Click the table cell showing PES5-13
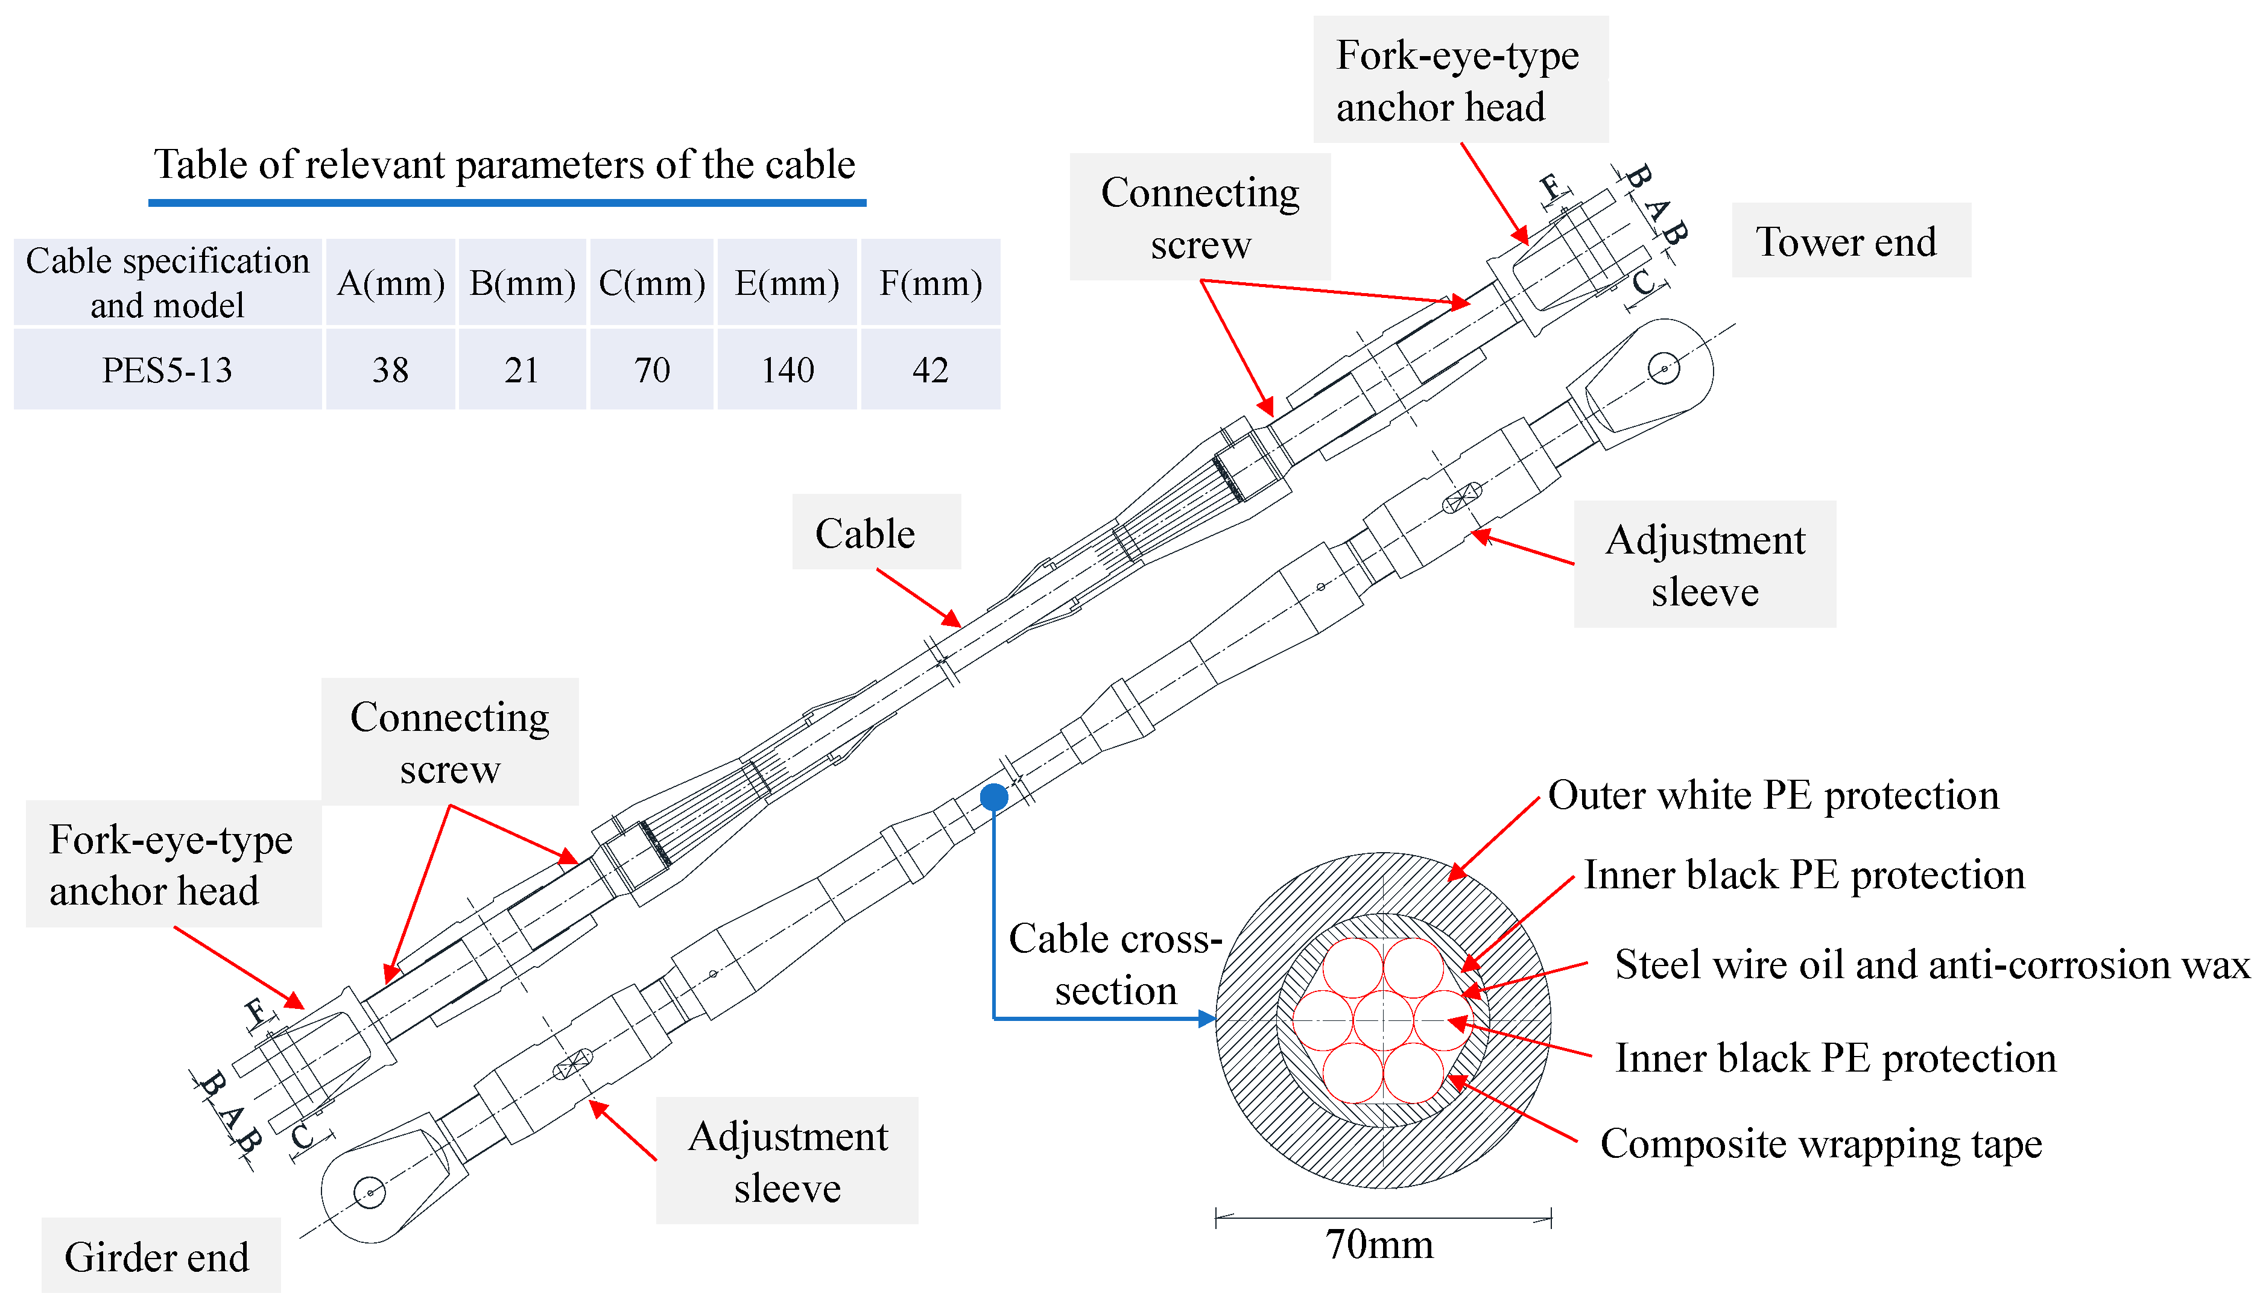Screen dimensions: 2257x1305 click(x=168, y=369)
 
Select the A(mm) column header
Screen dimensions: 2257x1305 click(x=390, y=282)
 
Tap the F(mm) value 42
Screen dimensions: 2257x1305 click(x=931, y=369)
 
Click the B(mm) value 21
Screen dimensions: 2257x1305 click(x=522, y=369)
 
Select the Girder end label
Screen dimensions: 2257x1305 click(x=157, y=1256)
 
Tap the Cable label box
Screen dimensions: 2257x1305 click(x=876, y=532)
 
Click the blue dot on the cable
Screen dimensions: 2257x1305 click(x=993, y=796)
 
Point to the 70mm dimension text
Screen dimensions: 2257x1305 click(x=1379, y=1244)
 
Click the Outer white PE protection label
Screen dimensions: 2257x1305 click(x=1773, y=795)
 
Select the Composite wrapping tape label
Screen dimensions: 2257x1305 click(x=1821, y=1144)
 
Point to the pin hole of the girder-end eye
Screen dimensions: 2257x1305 click(x=369, y=1192)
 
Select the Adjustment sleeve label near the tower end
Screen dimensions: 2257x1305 click(x=1705, y=564)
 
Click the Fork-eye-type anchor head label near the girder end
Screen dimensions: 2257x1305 click(x=171, y=864)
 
